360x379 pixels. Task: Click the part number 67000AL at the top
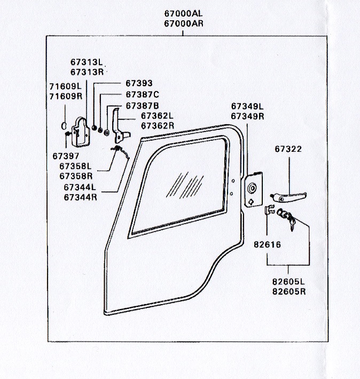(183, 13)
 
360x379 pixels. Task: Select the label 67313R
(87, 72)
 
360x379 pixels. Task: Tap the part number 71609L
(66, 86)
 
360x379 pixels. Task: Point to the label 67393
(139, 83)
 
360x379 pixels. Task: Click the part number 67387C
(143, 95)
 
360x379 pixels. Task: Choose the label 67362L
(157, 116)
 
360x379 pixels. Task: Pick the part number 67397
(66, 156)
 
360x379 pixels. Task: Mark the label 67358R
(76, 176)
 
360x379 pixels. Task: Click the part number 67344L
(80, 187)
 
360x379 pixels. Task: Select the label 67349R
(247, 116)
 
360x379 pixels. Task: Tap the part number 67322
(288, 149)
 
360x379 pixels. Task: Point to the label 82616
(267, 245)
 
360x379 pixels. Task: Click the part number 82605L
(288, 282)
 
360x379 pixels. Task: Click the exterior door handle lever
(288, 197)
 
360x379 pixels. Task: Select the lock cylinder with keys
(286, 218)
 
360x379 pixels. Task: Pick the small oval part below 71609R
(64, 126)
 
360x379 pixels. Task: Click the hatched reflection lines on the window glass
(185, 185)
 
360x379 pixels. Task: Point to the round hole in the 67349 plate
(252, 188)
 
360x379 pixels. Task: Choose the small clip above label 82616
(270, 210)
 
